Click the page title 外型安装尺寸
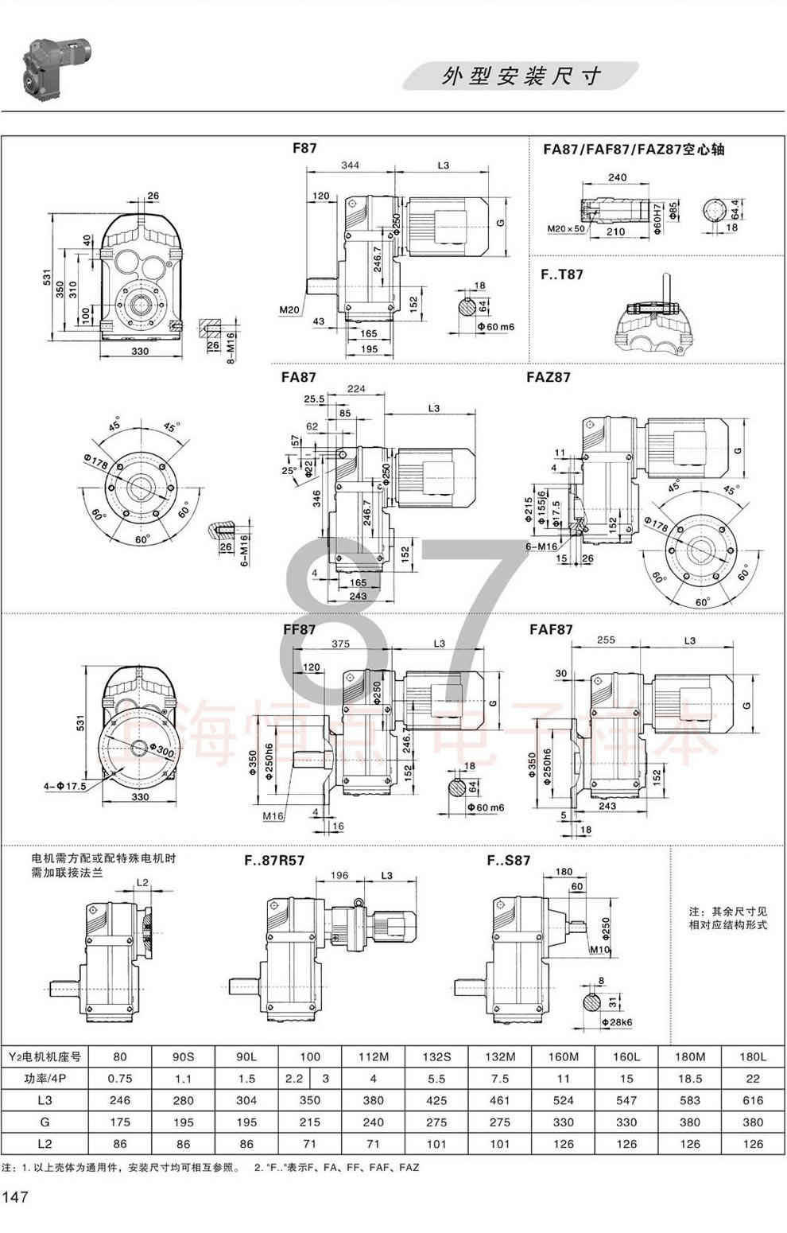(x=521, y=76)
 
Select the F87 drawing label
(x=304, y=149)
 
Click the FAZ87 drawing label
(x=548, y=377)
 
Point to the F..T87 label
(x=561, y=274)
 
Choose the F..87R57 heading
(x=273, y=860)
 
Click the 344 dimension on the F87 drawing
(x=350, y=165)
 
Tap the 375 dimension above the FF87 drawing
(x=340, y=644)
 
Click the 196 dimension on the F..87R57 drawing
(x=339, y=875)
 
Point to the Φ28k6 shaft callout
(x=615, y=1022)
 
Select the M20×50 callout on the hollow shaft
(x=565, y=229)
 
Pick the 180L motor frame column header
(x=753, y=1056)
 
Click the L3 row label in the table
(x=45, y=1100)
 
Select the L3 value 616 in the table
(x=753, y=1100)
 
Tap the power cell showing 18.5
(x=690, y=1079)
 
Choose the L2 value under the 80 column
(x=120, y=1144)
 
